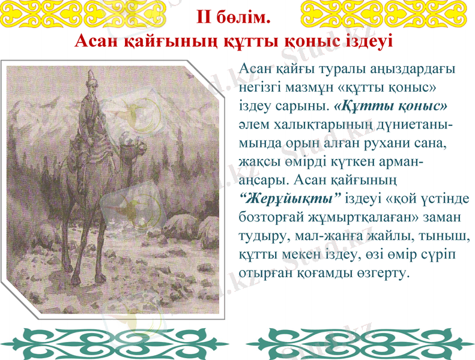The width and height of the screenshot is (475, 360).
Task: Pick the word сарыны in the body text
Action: click(304, 107)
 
